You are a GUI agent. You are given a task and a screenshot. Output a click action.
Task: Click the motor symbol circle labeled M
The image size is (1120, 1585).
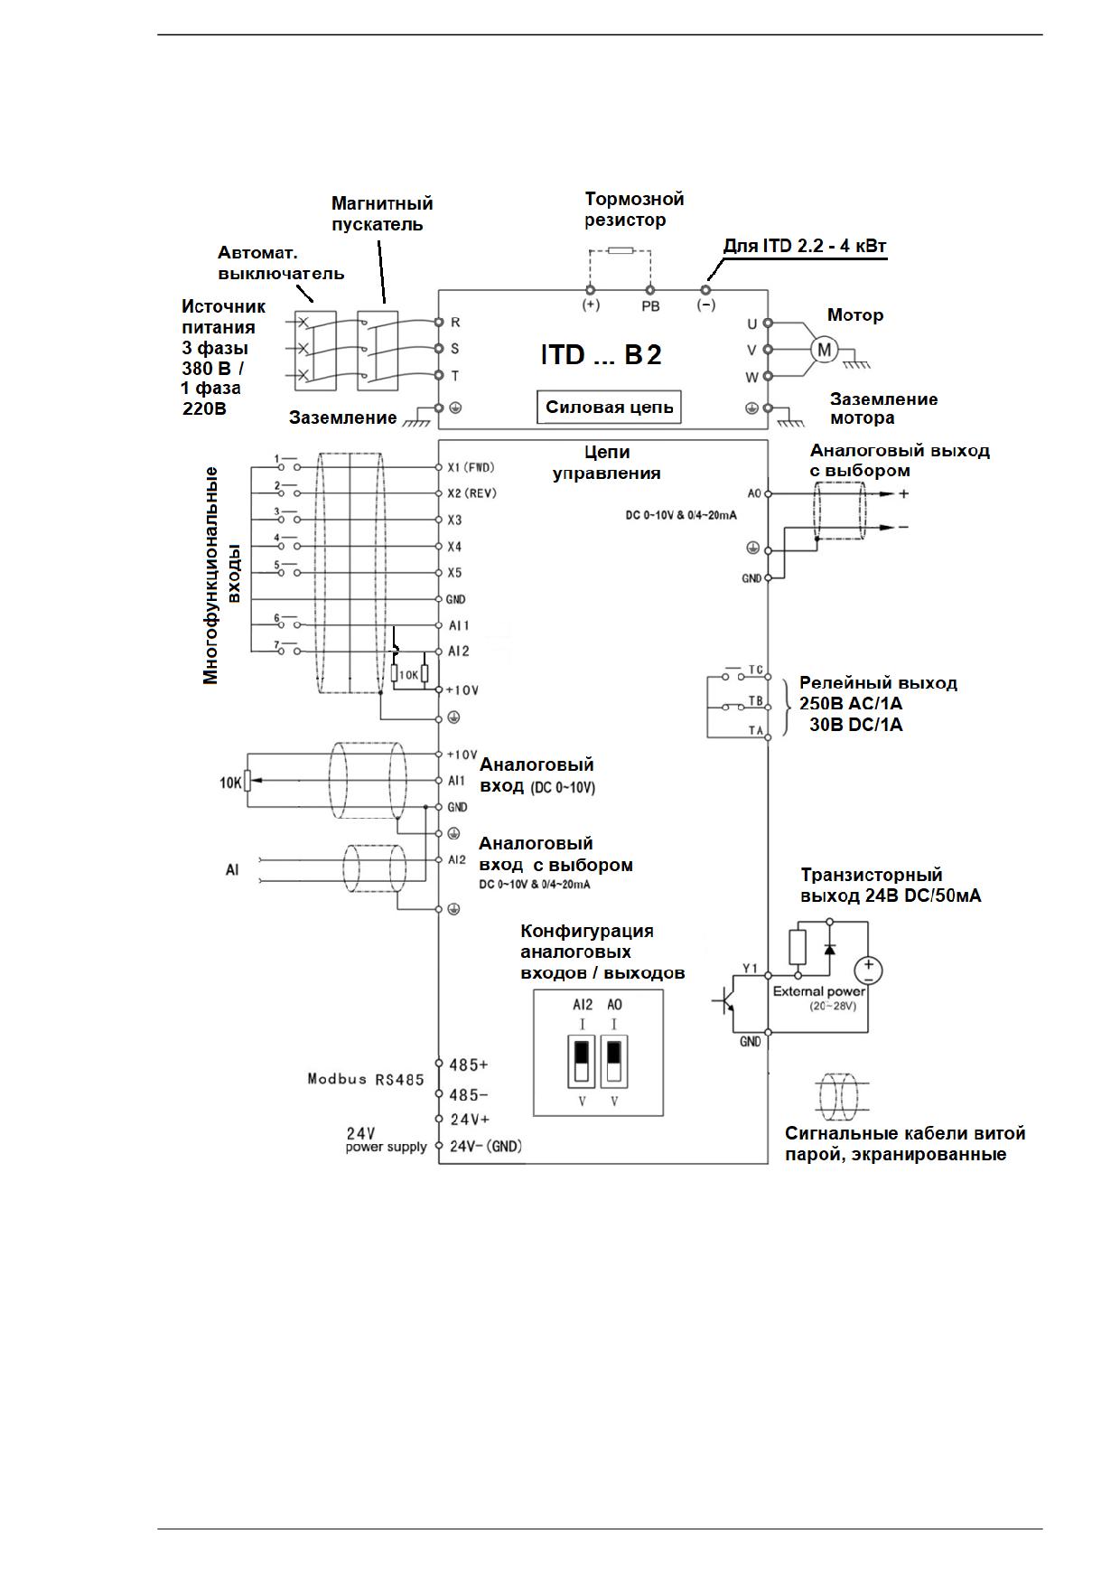coord(824,350)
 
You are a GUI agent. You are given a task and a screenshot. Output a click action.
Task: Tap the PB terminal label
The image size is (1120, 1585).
coord(650,306)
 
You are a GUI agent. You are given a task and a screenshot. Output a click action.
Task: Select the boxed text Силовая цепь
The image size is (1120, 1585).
coord(610,407)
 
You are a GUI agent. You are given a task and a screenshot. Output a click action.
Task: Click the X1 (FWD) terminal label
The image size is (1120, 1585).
coord(471,467)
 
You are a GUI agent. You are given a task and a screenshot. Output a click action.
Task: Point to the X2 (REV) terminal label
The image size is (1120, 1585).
coord(471,493)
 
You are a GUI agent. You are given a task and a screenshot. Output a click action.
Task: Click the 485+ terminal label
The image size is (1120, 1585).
coord(469,1065)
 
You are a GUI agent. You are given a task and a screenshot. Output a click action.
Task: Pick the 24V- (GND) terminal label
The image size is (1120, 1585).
coord(486,1146)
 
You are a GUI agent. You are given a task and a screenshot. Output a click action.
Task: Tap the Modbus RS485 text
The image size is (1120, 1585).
coord(365,1079)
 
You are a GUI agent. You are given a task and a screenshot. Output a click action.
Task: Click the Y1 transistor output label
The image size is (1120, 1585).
coord(750,969)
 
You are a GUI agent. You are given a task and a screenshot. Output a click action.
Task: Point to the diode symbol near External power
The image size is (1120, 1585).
coord(829,949)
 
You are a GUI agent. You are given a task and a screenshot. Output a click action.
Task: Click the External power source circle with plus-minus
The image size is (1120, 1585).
coord(868,971)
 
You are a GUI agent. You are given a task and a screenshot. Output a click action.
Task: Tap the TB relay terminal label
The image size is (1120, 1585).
coord(756,700)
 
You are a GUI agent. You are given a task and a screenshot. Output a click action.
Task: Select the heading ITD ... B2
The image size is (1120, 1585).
coord(602,354)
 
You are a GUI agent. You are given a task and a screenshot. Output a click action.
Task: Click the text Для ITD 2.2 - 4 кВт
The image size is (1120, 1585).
coord(805,246)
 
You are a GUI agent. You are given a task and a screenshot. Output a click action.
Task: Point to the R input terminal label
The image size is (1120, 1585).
coord(456,322)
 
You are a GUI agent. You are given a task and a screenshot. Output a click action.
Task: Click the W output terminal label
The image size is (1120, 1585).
coord(751,377)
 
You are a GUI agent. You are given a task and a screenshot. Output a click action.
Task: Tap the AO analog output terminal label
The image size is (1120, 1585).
coord(754,493)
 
